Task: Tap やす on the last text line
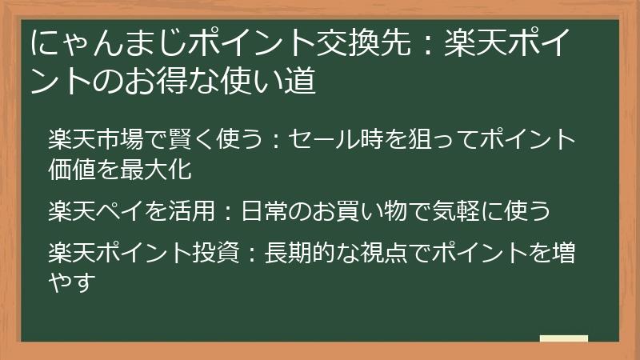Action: (x=72, y=282)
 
